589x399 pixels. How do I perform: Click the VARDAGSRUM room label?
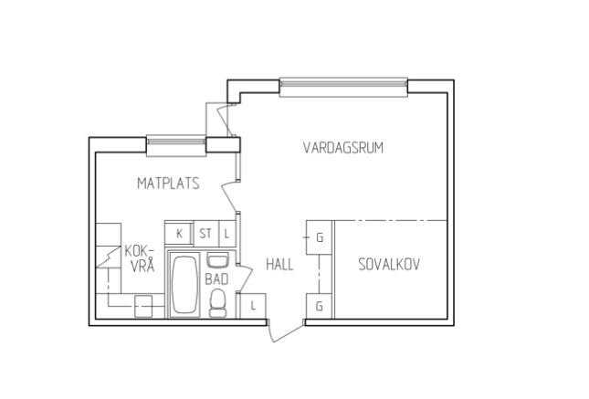tap(343, 148)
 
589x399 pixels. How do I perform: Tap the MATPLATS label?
tap(168, 184)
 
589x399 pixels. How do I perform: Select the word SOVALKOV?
tap(389, 265)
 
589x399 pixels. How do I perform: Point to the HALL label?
tap(279, 265)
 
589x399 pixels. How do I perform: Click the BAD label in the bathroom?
tap(216, 279)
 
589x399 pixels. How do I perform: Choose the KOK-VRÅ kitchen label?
tap(140, 258)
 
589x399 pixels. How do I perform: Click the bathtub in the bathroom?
tap(184, 284)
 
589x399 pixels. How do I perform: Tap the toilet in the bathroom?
tap(218, 303)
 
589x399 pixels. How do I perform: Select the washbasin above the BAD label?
tap(218, 261)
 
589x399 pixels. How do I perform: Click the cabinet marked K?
tap(179, 234)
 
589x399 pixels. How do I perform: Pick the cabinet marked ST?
tap(205, 234)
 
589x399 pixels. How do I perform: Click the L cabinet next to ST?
tap(226, 234)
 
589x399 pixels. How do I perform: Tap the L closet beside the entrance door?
tap(253, 306)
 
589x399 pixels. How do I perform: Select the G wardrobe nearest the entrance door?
tap(319, 306)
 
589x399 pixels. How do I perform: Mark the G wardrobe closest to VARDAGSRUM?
tap(319, 237)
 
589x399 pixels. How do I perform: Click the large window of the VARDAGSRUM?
tap(343, 87)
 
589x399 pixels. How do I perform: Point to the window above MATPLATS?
tap(176, 145)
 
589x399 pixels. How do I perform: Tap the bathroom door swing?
tap(246, 278)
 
